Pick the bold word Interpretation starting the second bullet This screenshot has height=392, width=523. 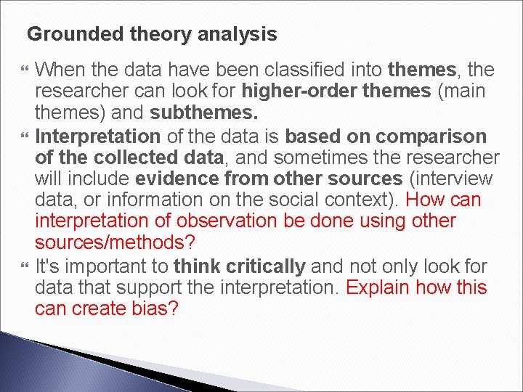(97, 136)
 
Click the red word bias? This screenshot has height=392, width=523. (154, 309)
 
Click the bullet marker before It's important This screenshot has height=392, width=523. (25, 267)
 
